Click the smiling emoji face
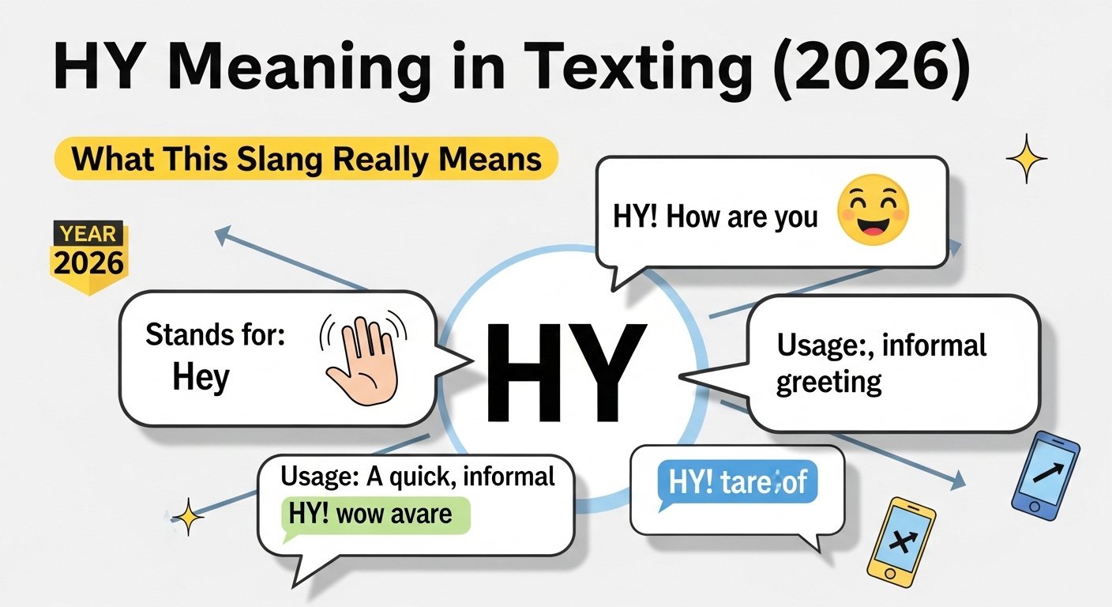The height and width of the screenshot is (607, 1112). pos(873,210)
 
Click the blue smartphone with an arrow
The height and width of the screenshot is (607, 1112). pos(1045,474)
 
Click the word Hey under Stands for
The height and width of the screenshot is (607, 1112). pos(201,378)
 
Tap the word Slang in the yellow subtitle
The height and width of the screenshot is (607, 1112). pos(286,159)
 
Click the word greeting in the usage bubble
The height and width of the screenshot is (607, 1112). pos(828,383)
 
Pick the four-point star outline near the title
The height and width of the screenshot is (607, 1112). pos(1026,159)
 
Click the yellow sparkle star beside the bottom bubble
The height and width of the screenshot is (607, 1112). pos(188,518)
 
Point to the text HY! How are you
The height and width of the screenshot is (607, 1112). pos(715,217)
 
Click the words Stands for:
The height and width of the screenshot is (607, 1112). pos(214,335)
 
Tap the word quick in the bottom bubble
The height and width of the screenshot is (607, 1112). pos(428,477)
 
